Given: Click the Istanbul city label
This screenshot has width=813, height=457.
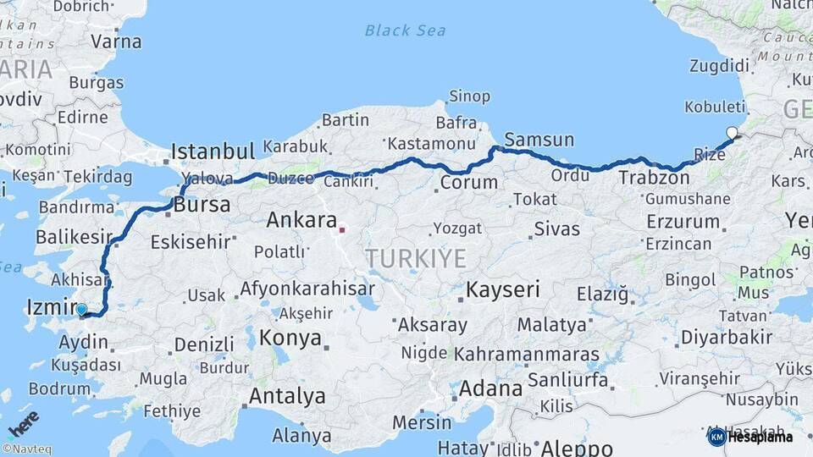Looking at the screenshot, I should click(x=213, y=152).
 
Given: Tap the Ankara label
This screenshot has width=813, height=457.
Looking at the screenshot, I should click(x=301, y=221).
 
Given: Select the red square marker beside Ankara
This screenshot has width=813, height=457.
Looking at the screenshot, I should click(x=342, y=228).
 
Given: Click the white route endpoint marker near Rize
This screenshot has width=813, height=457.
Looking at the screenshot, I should click(x=732, y=132).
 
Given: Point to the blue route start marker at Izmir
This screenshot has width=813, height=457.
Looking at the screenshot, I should click(x=80, y=310).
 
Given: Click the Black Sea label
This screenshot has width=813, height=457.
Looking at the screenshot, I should click(x=405, y=31).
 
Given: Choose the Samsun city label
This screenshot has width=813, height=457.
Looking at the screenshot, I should click(x=539, y=140).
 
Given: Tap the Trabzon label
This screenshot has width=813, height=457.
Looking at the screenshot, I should click(x=653, y=178).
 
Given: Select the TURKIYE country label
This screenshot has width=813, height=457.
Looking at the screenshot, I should click(x=416, y=258).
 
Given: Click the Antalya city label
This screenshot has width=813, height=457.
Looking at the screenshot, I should click(x=287, y=396).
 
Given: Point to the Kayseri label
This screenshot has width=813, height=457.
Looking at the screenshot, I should click(x=503, y=289).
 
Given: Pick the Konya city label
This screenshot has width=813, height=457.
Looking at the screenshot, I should click(x=290, y=339).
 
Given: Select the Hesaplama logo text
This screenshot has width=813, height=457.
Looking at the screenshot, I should click(x=760, y=438).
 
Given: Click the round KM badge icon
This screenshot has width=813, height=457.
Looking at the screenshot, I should click(x=716, y=438).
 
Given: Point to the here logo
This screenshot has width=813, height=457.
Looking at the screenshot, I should click(x=24, y=421).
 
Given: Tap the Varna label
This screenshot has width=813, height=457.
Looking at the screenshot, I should click(x=115, y=41).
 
